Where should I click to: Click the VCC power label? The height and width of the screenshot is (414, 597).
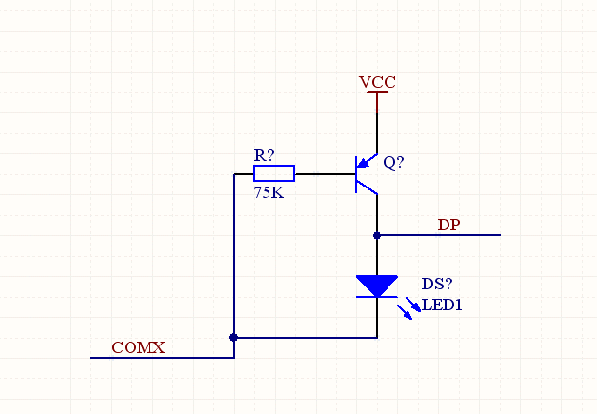[x=377, y=83]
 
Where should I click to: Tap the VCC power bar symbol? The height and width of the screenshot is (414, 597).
[x=377, y=94]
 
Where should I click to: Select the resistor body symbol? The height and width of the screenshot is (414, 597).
[x=274, y=173]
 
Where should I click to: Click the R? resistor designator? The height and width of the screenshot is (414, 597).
[x=264, y=155]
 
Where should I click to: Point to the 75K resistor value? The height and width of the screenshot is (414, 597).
[x=269, y=192]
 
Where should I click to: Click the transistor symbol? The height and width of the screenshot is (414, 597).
[x=366, y=174]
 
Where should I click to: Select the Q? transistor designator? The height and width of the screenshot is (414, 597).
[x=393, y=163]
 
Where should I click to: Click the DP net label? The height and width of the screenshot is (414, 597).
[x=448, y=226]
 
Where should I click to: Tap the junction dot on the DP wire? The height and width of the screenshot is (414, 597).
[x=377, y=235]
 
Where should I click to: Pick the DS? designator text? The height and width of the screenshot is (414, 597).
[x=437, y=285]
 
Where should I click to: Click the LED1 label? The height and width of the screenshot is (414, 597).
[x=442, y=306]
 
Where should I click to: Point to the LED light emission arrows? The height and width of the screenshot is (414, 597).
[x=411, y=307]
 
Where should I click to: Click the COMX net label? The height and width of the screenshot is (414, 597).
[x=138, y=348]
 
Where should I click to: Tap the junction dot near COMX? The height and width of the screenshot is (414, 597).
[x=234, y=337]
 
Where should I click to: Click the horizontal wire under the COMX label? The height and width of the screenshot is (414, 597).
[x=162, y=358]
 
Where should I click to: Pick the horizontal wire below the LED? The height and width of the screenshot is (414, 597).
[x=305, y=337]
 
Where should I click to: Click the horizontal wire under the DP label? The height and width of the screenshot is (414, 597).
[x=438, y=235]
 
